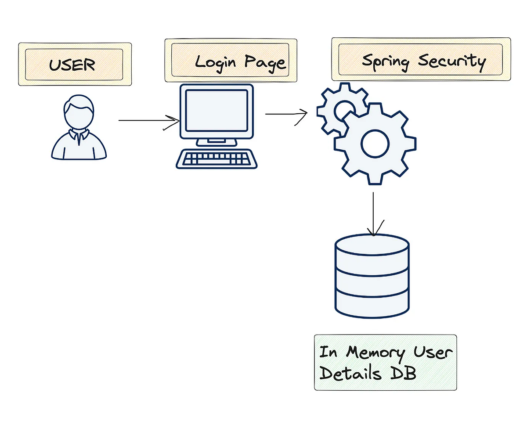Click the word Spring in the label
[385, 61]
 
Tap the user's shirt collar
[79, 136]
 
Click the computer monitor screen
[216, 110]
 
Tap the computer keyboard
[217, 158]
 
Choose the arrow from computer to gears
[285, 114]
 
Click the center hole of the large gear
[375, 142]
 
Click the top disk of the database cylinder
[372, 245]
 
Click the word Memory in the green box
[375, 353]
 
